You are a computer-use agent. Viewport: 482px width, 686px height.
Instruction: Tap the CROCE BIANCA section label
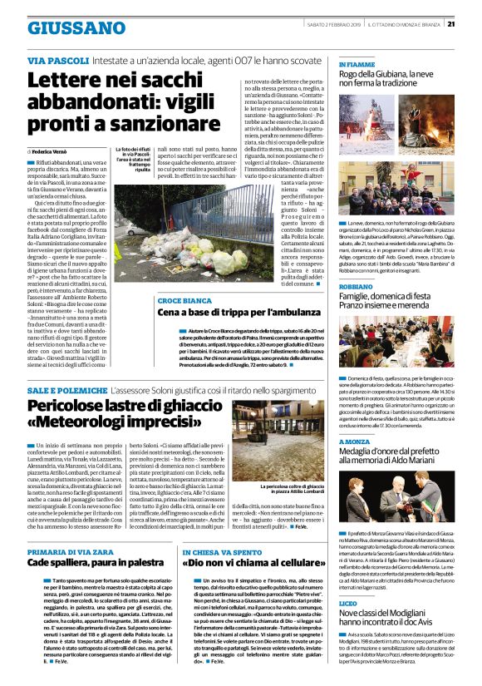point(180,299)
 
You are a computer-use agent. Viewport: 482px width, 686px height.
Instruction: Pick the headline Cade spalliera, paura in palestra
point(96,539)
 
